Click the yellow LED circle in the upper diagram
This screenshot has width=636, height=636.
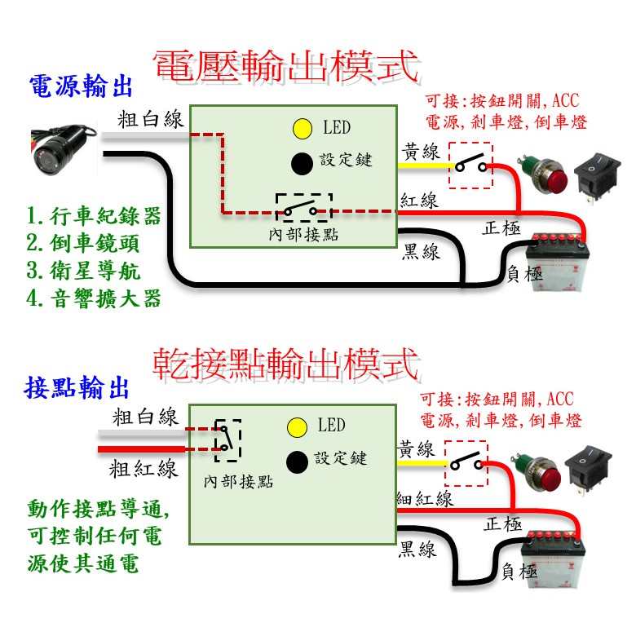303,129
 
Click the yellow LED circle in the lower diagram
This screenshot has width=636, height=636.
297,427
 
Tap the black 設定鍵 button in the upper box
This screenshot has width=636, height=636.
302,163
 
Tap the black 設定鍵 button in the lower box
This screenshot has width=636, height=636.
297,462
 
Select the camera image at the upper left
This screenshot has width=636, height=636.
64,149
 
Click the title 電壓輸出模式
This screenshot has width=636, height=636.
286,66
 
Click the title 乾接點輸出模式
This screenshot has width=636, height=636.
286,364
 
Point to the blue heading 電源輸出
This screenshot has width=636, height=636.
81,86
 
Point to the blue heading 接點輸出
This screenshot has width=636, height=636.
77,387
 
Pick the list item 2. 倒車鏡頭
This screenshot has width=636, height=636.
83,243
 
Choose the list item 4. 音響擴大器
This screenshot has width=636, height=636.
94,298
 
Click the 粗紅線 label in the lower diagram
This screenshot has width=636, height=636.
144,470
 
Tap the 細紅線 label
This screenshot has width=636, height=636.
425,498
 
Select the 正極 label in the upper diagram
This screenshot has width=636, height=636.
501,228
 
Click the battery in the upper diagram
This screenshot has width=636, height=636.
557,262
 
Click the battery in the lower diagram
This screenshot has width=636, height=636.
553,559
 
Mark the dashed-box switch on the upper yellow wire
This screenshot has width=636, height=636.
470,166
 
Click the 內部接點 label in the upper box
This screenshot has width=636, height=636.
303,235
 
